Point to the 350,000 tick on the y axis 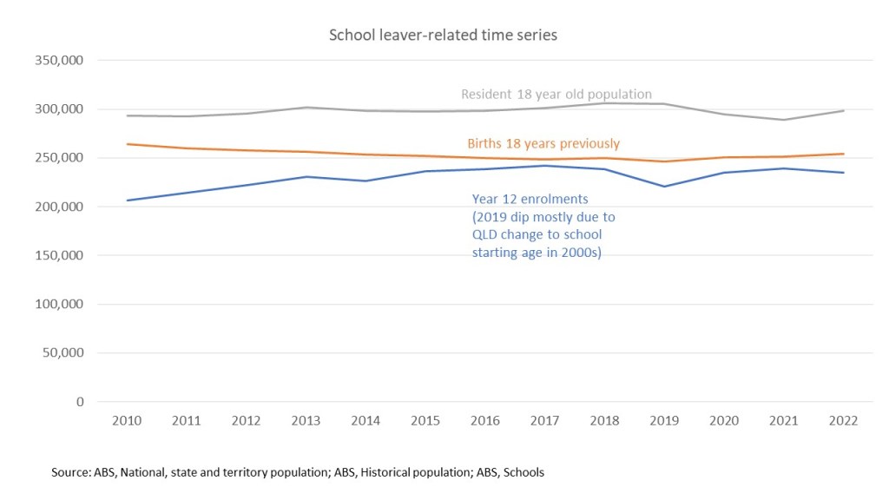(x=59, y=61)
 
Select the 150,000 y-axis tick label (x=59, y=256)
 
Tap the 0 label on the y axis (x=80, y=402)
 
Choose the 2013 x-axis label (x=306, y=421)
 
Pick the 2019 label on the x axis (x=664, y=421)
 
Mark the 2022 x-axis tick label (x=843, y=421)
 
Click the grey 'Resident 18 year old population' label (x=556, y=95)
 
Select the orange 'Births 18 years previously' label (x=543, y=143)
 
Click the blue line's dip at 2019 (x=664, y=187)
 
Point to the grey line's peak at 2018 (x=604, y=103)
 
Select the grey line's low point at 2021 (x=783, y=120)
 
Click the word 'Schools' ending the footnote (x=524, y=472)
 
